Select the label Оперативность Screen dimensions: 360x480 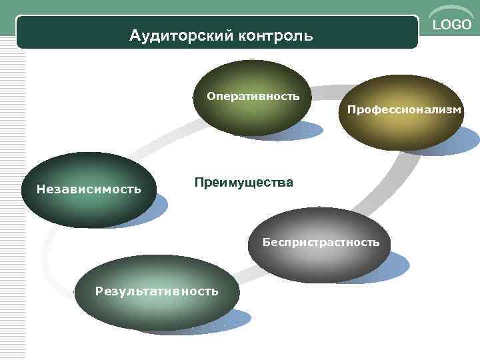[x=253, y=97]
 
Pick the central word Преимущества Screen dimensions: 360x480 [x=243, y=182]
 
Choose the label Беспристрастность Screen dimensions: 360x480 [x=321, y=242]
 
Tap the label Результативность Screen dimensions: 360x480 [x=157, y=291]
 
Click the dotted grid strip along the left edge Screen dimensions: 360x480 [x=12, y=200]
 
